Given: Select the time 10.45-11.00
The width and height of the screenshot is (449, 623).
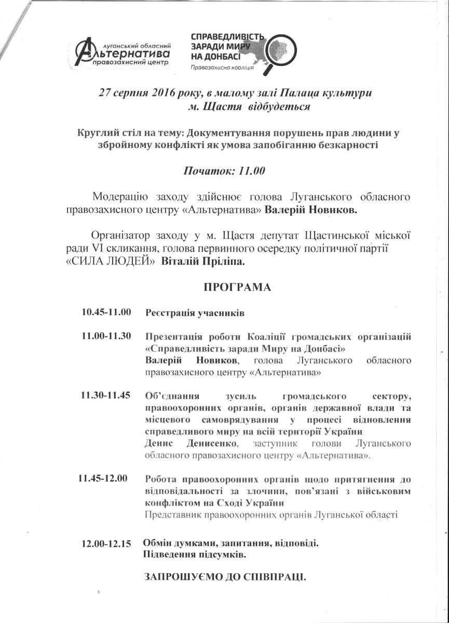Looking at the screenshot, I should point(106,313).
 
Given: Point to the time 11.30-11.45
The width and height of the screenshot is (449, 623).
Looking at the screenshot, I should point(106,395).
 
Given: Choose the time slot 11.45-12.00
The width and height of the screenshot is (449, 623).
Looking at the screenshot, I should point(102,478).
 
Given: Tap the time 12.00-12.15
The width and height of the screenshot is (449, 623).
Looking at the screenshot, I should point(106,545).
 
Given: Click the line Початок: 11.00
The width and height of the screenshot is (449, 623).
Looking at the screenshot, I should point(225,171).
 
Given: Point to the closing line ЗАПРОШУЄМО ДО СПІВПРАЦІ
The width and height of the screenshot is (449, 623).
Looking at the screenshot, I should point(225,576).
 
